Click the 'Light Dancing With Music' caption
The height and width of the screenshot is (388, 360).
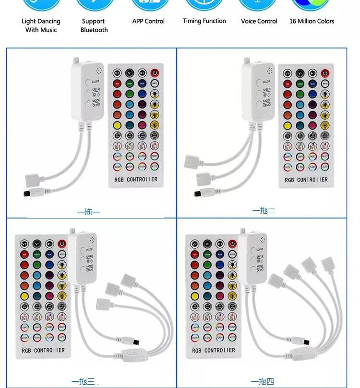click(x=41, y=25)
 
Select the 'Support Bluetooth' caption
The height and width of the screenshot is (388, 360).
click(x=94, y=25)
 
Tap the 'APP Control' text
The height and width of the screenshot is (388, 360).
click(x=148, y=21)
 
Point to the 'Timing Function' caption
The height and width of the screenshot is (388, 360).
click(x=204, y=21)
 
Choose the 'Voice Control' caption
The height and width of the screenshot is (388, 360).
click(x=259, y=21)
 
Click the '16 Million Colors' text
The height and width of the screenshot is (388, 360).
click(x=312, y=21)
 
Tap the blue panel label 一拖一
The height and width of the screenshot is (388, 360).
click(x=88, y=212)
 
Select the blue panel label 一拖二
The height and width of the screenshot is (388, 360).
click(x=264, y=211)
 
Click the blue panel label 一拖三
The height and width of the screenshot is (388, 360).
click(x=84, y=382)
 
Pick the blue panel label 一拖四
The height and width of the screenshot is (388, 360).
click(x=262, y=382)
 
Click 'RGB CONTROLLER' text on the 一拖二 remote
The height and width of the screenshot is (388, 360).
click(x=306, y=180)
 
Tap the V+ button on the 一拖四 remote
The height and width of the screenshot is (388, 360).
click(x=195, y=243)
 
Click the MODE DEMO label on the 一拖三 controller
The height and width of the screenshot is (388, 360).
click(x=89, y=268)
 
